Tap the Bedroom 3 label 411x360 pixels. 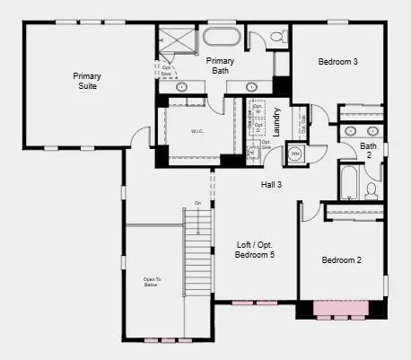click(x=338, y=62)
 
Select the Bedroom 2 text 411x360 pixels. click(x=341, y=260)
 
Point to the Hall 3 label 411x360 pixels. click(x=271, y=184)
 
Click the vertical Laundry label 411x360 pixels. click(x=277, y=122)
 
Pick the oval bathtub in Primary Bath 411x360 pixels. click(x=221, y=39)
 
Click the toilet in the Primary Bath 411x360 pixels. click(x=277, y=38)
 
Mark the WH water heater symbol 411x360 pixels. click(x=295, y=154)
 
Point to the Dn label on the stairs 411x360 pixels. click(x=197, y=204)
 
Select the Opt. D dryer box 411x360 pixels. click(x=258, y=128)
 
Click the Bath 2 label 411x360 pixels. click(x=369, y=150)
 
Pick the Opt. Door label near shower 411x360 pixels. click(x=168, y=69)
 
